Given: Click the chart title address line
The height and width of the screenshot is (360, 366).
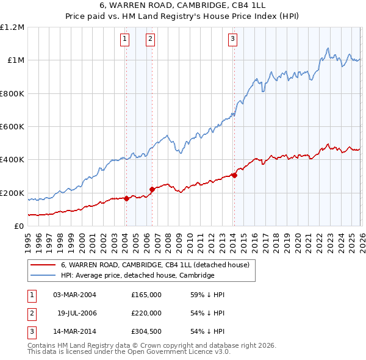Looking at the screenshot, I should click(x=183, y=7).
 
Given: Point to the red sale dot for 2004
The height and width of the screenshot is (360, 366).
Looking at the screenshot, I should click(x=126, y=198).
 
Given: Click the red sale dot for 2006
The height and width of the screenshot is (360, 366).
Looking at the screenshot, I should click(x=152, y=189).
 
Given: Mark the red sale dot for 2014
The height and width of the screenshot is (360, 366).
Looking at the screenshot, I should click(x=234, y=176).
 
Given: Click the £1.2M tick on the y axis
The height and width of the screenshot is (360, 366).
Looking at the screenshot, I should click(x=12, y=27).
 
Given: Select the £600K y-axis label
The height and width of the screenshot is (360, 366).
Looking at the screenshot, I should click(x=12, y=127).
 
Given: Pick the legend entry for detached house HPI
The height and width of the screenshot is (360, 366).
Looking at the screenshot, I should click(x=137, y=275).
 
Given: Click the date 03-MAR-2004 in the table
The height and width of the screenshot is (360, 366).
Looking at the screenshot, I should click(x=74, y=295).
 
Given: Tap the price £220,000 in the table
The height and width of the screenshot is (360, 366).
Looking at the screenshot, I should click(x=146, y=313).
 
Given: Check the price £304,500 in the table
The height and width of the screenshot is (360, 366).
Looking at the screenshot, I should click(x=146, y=331).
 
